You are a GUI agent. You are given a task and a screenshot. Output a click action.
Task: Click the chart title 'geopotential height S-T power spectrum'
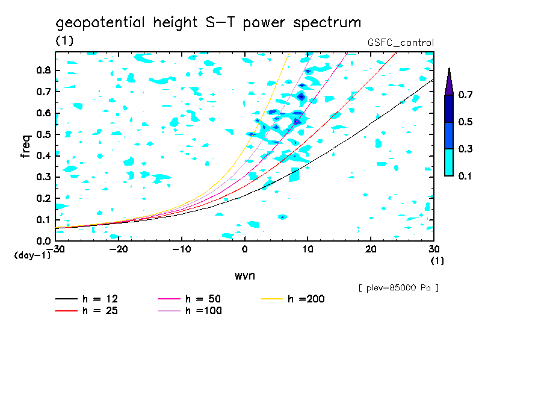coord(208,23)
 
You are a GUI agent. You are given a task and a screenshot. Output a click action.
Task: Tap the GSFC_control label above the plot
coord(400,42)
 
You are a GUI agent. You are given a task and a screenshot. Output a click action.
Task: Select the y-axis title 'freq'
coord(25,146)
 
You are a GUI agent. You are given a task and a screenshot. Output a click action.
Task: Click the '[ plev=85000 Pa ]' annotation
coord(398,288)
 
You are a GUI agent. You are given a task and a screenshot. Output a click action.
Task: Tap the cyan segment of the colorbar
coord(449,162)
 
